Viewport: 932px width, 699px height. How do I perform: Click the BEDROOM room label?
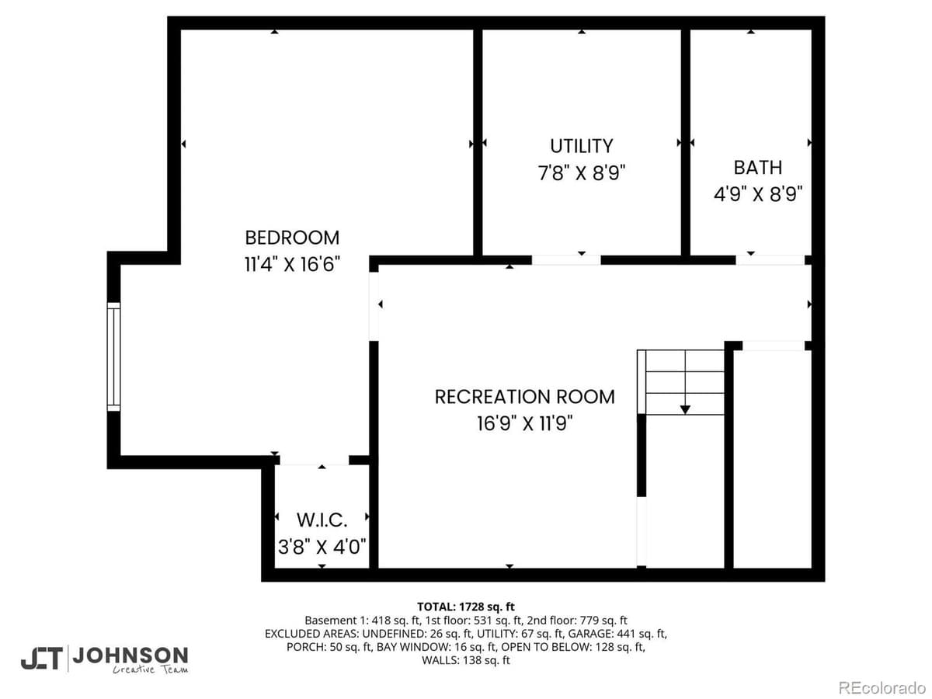[292, 238]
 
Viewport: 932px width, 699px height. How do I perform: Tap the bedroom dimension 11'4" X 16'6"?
[292, 264]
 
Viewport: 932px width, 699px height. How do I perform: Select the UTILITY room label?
[581, 146]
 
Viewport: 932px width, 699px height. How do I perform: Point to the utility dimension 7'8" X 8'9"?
[581, 172]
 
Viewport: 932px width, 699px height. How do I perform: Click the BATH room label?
[757, 167]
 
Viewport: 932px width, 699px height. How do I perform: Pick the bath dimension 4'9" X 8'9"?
[757, 193]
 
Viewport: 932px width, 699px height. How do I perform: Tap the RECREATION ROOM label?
[524, 397]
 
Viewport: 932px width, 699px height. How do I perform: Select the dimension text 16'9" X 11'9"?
[524, 423]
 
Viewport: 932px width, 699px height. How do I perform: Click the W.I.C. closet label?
[322, 519]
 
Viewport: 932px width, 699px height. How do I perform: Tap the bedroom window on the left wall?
[114, 356]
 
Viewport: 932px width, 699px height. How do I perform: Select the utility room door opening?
[565, 260]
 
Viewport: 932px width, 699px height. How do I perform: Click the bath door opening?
[770, 260]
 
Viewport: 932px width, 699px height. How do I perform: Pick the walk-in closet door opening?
[314, 461]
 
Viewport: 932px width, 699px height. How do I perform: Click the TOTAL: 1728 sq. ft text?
[466, 607]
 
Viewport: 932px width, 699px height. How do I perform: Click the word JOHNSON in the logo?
[130, 655]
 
